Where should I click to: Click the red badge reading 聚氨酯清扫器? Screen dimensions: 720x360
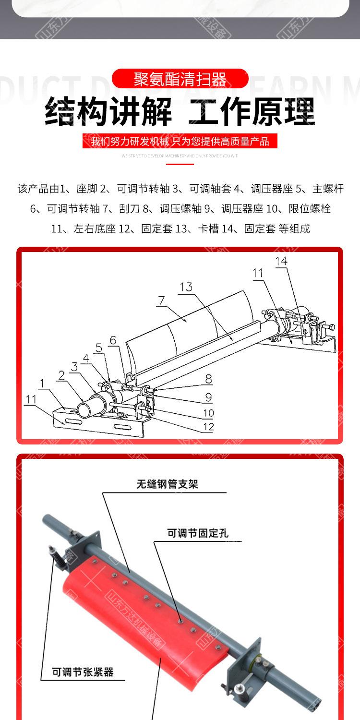180,79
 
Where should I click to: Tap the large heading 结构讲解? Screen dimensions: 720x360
108,111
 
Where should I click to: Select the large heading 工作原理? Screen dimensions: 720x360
252,111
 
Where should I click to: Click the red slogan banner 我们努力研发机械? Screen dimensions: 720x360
180,141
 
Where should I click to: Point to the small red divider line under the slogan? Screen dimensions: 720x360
180,164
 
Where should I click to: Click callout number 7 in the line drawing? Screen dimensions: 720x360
161,300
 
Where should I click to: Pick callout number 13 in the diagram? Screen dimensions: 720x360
186,287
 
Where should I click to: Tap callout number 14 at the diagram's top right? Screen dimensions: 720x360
281,261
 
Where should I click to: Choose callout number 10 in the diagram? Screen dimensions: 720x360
208,413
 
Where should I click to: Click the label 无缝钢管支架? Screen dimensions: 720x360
167,484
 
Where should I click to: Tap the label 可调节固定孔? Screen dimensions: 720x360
197,533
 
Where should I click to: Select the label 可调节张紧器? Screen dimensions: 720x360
83,672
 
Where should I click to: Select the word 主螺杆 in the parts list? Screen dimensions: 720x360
328,189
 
